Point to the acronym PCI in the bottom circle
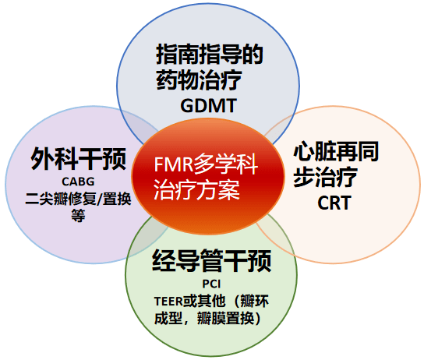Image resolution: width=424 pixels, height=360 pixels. (x=211, y=285)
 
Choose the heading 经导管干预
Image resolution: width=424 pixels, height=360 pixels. (x=211, y=263)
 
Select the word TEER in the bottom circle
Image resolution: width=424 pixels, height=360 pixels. (x=170, y=302)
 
